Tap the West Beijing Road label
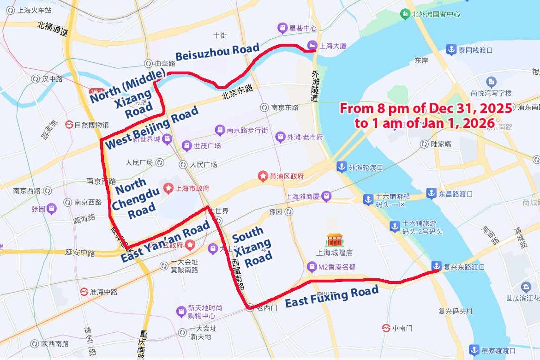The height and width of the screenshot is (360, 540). (152, 127)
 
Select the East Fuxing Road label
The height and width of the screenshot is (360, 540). (332, 296)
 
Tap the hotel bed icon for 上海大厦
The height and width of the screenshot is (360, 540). (312, 45)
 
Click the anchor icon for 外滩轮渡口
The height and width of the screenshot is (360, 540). (342, 167)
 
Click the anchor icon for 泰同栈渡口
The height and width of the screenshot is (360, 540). (450, 49)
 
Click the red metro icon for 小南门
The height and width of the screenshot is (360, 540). (386, 328)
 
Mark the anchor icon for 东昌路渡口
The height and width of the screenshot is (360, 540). (431, 193)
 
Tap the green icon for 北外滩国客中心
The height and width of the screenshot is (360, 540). (405, 14)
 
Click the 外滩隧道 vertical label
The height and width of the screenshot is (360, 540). (315, 86)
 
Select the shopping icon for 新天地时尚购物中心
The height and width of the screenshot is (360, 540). (181, 312)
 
